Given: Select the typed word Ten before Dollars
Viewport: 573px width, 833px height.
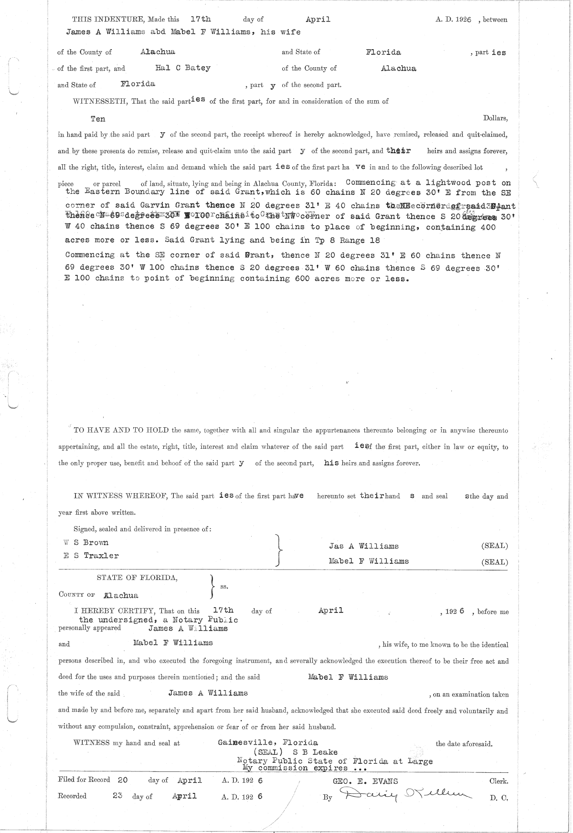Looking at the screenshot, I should (98, 118).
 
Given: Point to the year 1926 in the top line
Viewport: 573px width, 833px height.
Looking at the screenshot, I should (463, 20).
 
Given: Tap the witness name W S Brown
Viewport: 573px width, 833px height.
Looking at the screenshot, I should (86, 542).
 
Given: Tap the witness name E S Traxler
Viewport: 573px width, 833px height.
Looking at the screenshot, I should (91, 556).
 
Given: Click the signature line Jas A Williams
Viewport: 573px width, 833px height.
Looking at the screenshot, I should (363, 546).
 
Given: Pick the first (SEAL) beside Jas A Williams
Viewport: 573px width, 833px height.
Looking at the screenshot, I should (494, 546).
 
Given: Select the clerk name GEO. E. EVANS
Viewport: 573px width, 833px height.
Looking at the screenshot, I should (365, 781).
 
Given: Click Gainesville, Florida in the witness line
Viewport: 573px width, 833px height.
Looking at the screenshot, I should (268, 743).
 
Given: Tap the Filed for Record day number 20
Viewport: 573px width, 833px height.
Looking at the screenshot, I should (122, 780).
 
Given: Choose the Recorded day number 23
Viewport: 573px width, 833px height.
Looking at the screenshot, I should (119, 796).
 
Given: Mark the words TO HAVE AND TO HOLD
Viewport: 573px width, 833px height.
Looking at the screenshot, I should (121, 430).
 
